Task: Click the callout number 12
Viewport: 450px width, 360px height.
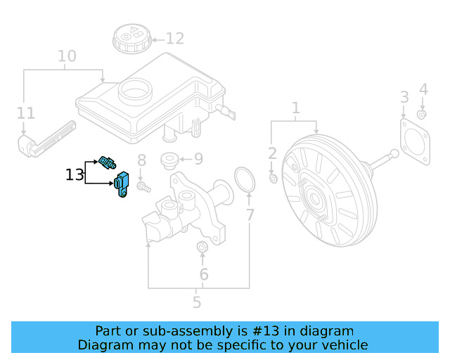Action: pyautogui.click(x=174, y=39)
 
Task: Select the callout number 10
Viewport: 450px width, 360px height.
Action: pyautogui.click(x=67, y=56)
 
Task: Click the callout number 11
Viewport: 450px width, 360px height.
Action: pyautogui.click(x=25, y=112)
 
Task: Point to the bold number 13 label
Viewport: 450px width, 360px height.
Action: pyautogui.click(x=75, y=174)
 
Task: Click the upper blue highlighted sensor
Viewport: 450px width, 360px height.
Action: pyautogui.click(x=108, y=162)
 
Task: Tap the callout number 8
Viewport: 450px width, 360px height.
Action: pyautogui.click(x=141, y=160)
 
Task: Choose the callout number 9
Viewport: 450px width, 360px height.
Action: pyautogui.click(x=198, y=159)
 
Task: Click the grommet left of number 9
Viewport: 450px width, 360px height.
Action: pyautogui.click(x=169, y=160)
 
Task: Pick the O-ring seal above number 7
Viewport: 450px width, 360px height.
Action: pyautogui.click(x=243, y=179)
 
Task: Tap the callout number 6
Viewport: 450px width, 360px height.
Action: pyautogui.click(x=204, y=274)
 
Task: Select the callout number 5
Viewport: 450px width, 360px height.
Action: pyautogui.click(x=197, y=302)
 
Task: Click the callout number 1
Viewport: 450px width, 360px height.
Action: pyautogui.click(x=296, y=108)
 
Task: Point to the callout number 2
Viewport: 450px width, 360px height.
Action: pyautogui.click(x=272, y=153)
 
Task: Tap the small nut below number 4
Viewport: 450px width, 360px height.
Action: pyautogui.click(x=422, y=114)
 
